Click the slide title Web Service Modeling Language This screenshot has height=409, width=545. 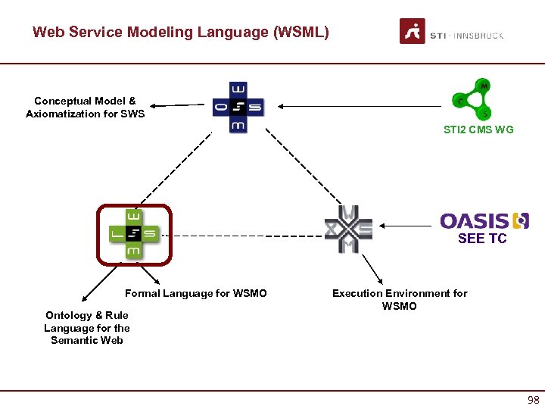point(180,33)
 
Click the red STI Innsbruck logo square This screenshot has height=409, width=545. point(412,32)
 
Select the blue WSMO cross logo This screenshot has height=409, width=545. point(238,107)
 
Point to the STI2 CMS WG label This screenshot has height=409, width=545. point(478,130)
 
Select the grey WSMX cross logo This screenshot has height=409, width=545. point(348,227)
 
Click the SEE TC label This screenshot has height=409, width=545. point(482,239)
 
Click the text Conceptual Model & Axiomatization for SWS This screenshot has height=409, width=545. point(85,107)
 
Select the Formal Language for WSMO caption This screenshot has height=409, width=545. point(195,293)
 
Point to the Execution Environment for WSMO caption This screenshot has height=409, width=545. point(400,299)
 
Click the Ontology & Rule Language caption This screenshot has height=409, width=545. point(86,327)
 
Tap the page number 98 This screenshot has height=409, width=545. point(533,400)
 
